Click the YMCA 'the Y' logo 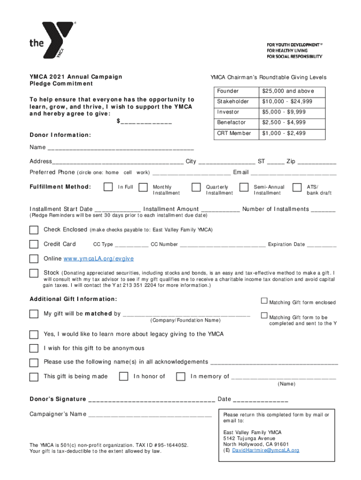[x=53, y=41]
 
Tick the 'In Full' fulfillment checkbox [x=108, y=187]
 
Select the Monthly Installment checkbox [x=144, y=187]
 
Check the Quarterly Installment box [x=196, y=187]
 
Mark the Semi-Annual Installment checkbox [x=244, y=187]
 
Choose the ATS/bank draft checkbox [x=296, y=187]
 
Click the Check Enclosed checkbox [x=34, y=230]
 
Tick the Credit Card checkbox [x=34, y=244]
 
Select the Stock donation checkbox [x=34, y=273]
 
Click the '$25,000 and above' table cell [x=288, y=91]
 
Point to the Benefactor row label [x=231, y=122]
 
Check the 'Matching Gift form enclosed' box [x=264, y=301]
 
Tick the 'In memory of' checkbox [x=180, y=376]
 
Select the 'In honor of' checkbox [x=123, y=376]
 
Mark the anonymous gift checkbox [x=34, y=348]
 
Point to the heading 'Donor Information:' [x=60, y=135]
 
